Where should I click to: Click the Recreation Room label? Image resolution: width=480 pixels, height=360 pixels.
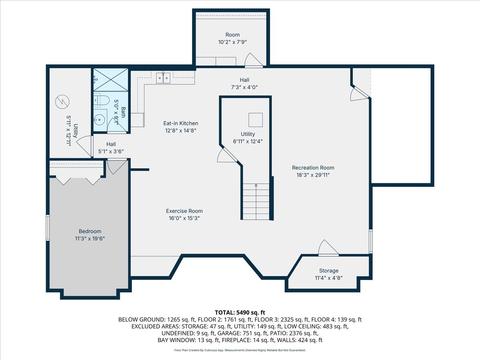tap(313, 168)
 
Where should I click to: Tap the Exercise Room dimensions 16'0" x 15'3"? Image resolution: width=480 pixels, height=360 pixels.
tap(184, 218)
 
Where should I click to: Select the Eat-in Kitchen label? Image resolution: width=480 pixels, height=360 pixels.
tap(181, 123)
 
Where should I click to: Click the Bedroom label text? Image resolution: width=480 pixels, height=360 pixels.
tap(90, 231)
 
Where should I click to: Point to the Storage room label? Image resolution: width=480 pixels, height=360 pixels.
tap(329, 271)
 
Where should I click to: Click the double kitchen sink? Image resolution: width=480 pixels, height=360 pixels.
tap(163, 78)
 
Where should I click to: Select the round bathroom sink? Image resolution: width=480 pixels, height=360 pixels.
tap(99, 120)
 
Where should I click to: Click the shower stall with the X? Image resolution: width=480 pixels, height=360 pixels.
tap(111, 80)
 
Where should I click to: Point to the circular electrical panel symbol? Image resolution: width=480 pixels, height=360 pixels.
tap(62, 102)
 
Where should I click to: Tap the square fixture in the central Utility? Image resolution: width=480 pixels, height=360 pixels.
tap(256, 120)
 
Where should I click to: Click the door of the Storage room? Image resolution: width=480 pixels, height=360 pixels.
tap(328, 248)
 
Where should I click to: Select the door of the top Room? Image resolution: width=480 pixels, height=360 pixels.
tap(254, 60)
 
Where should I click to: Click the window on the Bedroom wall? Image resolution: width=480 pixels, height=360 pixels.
tap(48, 228)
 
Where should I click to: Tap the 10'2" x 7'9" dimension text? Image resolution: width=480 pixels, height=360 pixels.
tap(232, 42)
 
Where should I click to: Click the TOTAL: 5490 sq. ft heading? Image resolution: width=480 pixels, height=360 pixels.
tap(240, 312)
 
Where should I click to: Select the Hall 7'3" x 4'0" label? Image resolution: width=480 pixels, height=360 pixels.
tap(244, 84)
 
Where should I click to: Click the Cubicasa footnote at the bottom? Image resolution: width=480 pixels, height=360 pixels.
tap(240, 350)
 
